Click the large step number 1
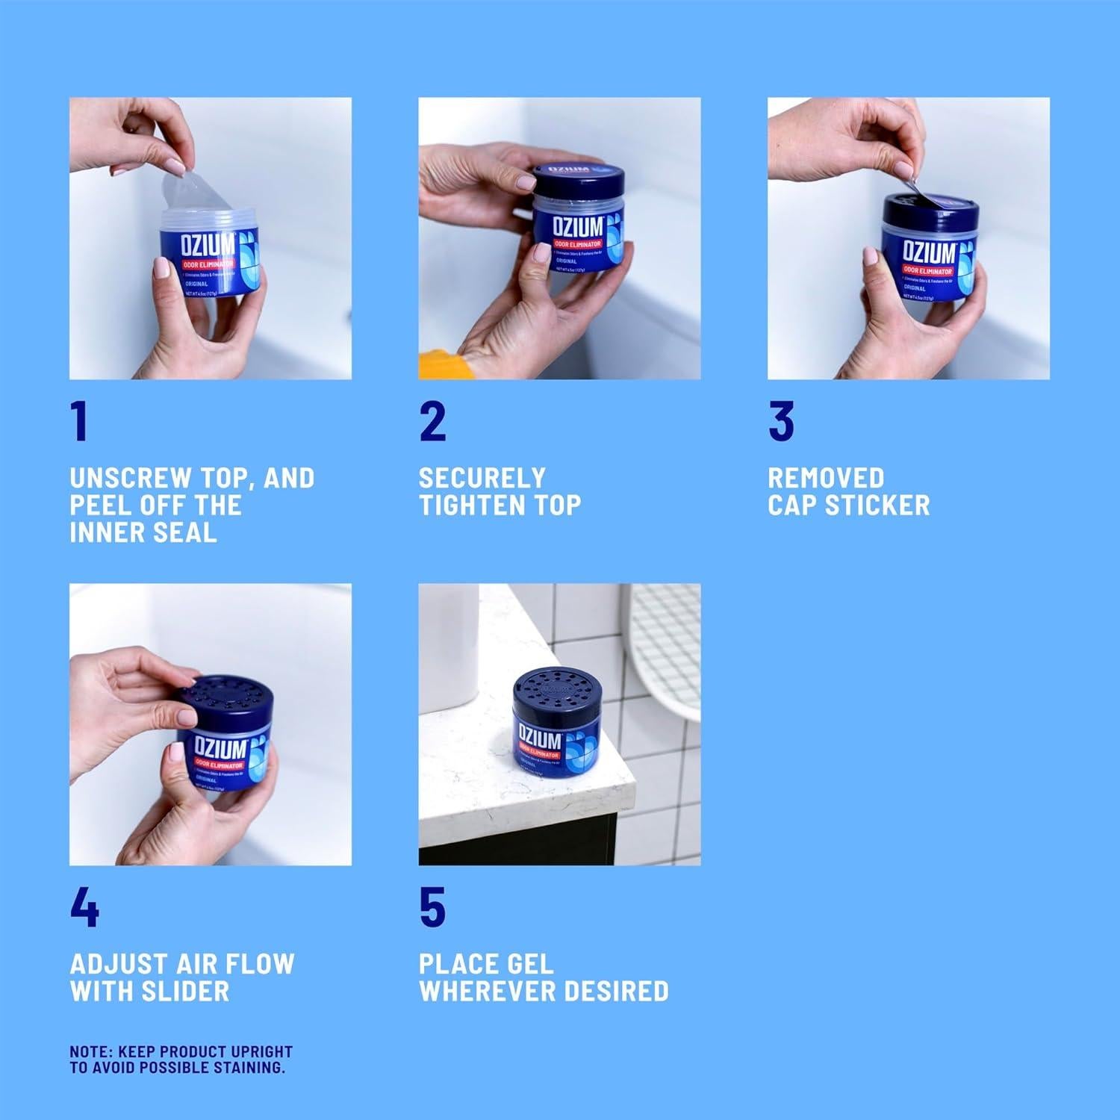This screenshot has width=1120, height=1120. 79,422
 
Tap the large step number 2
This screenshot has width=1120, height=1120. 432,422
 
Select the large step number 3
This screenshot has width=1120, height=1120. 781,422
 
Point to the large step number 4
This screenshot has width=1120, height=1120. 84,907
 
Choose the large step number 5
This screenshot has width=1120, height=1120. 432,907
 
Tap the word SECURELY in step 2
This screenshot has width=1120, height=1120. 482,478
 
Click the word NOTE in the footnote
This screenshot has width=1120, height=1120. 90,1051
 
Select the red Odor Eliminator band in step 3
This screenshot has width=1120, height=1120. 928,270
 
